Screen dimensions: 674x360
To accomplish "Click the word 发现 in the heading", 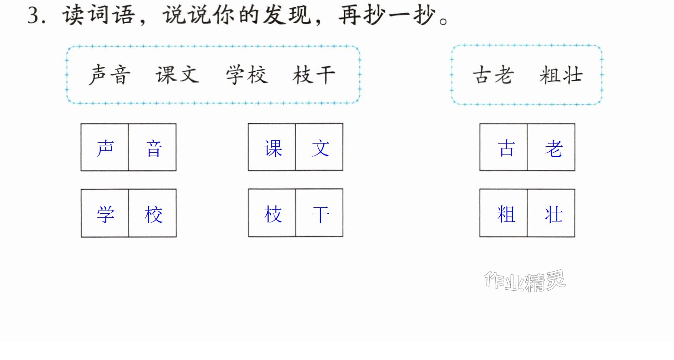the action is [287, 15].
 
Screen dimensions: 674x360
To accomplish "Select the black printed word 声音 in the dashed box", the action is [109, 75].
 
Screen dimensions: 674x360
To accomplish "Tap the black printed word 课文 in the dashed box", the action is [177, 75].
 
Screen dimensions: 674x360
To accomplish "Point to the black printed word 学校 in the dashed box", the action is [247, 75].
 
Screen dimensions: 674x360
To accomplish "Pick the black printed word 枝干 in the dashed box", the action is [314, 75].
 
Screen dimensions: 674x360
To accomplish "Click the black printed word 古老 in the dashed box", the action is [493, 75].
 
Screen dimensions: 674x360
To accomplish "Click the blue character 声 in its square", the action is [105, 148].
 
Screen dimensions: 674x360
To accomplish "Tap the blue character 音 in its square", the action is [153, 148].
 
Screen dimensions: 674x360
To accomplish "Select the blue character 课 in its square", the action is [273, 148].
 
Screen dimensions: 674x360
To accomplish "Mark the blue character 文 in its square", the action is [321, 148].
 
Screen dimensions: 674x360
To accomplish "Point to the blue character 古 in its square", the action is [506, 148].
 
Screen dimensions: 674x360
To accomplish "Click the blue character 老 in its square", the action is [554, 148].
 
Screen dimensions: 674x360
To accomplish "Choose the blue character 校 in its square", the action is [154, 215].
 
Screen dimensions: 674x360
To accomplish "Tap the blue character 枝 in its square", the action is [273, 214].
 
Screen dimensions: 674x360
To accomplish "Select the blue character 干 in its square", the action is [321, 215].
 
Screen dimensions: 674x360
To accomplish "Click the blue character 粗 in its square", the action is [506, 214].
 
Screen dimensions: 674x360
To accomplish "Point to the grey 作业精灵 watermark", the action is [525, 281].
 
